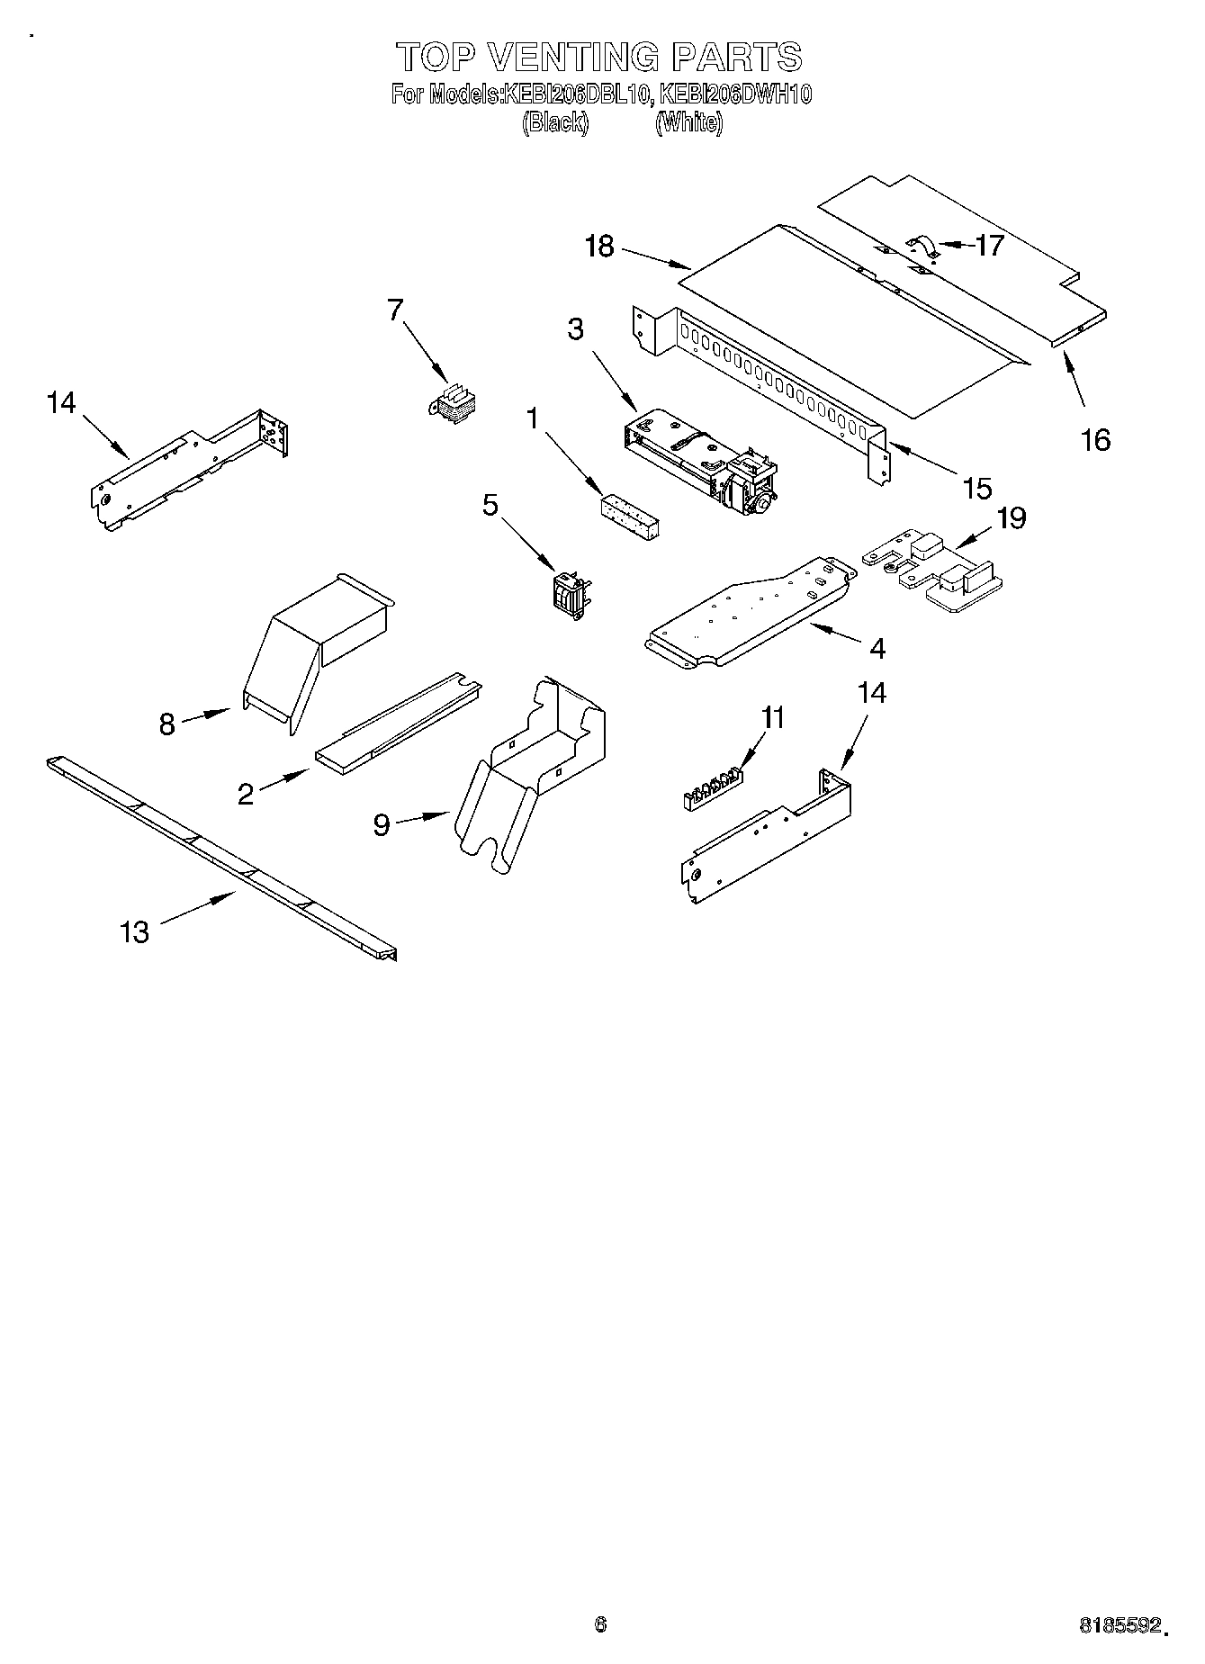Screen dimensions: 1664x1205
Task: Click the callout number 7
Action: coord(395,310)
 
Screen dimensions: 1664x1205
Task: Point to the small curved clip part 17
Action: coord(922,245)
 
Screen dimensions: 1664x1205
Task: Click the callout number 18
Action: coord(598,246)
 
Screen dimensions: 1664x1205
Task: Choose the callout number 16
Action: coord(1095,439)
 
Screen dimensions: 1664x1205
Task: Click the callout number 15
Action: coord(976,488)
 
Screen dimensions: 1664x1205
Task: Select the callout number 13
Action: coord(134,931)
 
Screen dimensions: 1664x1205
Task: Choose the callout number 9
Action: coord(382,824)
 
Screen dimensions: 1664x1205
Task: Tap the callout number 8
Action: coord(166,724)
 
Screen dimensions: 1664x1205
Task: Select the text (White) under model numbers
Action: coord(688,123)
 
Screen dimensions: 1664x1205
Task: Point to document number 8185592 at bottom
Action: coord(1120,1625)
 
